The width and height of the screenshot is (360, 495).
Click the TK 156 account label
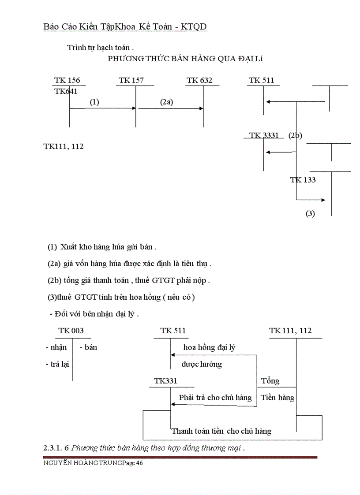67,80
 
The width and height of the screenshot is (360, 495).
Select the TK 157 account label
131,80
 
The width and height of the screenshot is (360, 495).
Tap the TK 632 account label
199,80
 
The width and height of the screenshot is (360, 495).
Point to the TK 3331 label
264,135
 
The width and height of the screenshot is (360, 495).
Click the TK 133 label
303,180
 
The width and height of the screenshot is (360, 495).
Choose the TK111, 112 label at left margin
64,146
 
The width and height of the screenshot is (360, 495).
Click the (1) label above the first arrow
94,102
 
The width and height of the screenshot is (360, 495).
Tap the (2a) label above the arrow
166,102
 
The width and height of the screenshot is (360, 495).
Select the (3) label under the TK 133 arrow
310,214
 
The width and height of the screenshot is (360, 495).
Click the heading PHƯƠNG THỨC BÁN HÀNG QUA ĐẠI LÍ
185,59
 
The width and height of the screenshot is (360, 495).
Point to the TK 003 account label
71,331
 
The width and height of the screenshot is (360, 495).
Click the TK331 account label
165,381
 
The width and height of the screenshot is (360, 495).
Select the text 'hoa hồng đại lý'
209,347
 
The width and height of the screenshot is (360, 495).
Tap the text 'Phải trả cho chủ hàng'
215,398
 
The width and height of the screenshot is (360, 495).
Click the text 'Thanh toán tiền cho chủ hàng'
221,431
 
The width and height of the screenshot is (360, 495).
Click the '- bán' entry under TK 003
88,347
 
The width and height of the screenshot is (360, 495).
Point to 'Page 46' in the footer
132,463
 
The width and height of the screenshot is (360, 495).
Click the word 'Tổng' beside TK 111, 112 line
270,381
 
